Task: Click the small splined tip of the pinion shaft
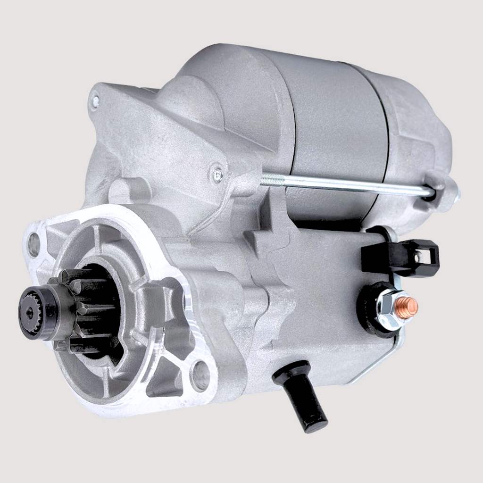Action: click(x=35, y=312)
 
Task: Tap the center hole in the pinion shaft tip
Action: click(x=30, y=312)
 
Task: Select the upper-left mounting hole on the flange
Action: click(x=34, y=245)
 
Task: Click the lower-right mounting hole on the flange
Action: click(x=200, y=375)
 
